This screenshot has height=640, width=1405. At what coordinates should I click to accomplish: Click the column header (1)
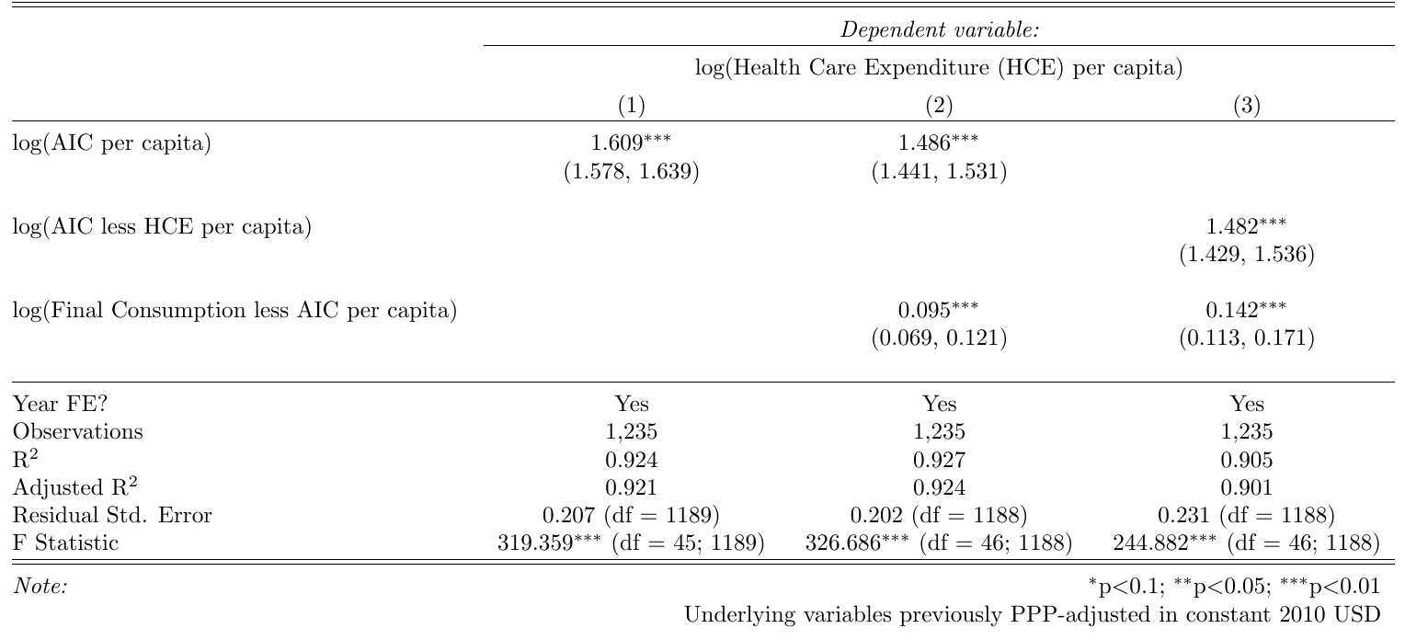tap(631, 107)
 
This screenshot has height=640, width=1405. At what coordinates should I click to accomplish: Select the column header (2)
tap(939, 107)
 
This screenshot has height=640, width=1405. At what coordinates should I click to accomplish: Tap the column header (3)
tap(1247, 107)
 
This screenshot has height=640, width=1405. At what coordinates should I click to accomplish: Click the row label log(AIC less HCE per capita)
tap(163, 228)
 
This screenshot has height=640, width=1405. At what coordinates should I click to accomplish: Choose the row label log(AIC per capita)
tap(112, 144)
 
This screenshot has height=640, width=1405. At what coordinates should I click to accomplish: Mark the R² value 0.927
tap(939, 460)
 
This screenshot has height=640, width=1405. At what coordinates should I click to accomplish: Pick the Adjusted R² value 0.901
tap(1247, 487)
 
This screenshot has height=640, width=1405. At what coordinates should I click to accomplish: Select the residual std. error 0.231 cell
tap(1247, 516)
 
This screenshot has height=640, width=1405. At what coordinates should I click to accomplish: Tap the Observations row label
tap(78, 431)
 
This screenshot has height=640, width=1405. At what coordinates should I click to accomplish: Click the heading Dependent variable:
tap(939, 30)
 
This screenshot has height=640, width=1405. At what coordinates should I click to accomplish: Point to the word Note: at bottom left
tap(41, 586)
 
